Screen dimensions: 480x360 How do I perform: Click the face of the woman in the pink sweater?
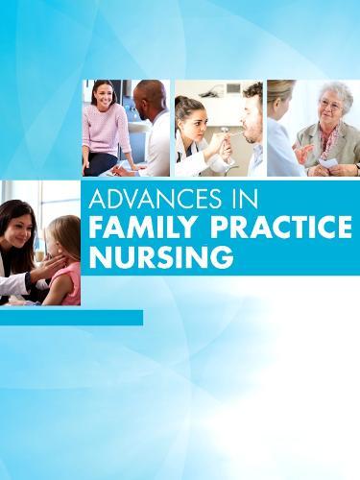(x=104, y=96)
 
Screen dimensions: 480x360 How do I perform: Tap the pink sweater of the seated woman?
(x=106, y=130)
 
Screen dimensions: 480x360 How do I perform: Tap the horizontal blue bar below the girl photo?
(x=71, y=317)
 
